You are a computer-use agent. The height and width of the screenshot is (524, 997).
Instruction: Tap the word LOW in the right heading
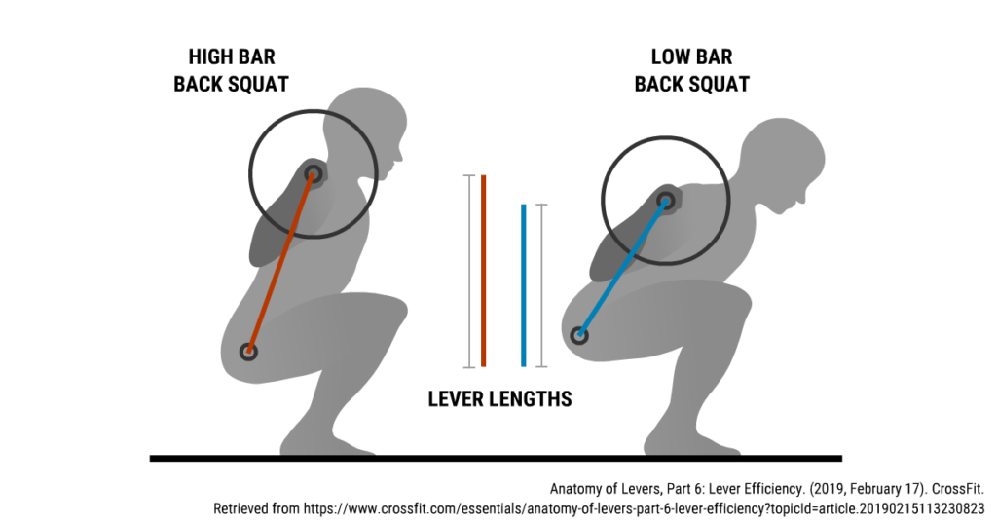pos(670,56)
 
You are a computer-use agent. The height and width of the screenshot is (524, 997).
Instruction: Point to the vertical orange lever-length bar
pos(484,271)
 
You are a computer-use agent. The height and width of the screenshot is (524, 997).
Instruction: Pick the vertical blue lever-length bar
pos(523,285)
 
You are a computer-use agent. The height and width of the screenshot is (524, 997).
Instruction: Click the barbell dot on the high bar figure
pos(313,173)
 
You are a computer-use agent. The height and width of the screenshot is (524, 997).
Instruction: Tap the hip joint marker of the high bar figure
pos(248,351)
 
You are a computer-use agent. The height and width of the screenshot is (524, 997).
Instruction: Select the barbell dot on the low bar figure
pos(666,201)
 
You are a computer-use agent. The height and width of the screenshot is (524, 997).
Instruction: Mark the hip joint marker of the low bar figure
pos(579,335)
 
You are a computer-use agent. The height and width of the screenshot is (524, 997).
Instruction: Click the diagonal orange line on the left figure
pos(280,262)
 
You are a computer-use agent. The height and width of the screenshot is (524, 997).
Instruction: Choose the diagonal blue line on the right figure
pos(622,268)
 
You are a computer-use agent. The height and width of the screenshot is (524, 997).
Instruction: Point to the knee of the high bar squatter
pos(391,312)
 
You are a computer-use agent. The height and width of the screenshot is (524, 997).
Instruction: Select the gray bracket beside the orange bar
pos(469,271)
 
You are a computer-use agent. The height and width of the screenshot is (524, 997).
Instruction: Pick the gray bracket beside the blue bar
pos(541,285)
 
